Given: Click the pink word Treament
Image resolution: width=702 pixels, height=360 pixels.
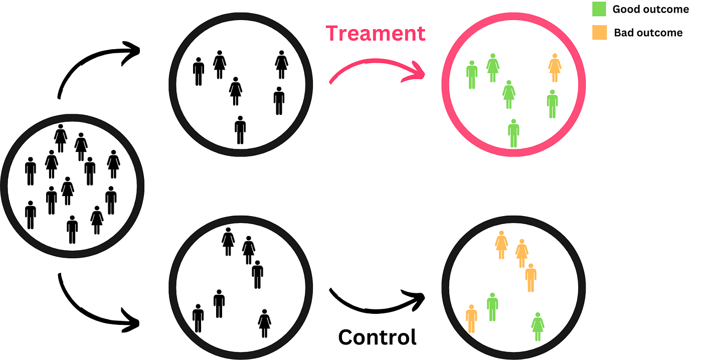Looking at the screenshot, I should point(376,33).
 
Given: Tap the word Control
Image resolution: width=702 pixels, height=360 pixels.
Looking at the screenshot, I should point(377,337).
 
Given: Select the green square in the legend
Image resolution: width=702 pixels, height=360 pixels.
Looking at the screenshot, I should point(599,9).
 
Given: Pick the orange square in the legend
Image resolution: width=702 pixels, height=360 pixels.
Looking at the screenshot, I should point(599,33).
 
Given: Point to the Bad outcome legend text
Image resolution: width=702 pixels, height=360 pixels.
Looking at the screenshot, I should point(648,33).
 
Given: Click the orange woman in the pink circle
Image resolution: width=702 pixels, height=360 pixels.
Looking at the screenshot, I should point(554,68).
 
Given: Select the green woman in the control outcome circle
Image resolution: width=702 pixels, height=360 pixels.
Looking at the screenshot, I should point(538,326).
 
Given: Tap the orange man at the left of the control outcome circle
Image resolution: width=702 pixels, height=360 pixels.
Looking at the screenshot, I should point(471,318).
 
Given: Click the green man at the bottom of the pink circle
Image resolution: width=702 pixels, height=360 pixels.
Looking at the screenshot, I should point(513,133).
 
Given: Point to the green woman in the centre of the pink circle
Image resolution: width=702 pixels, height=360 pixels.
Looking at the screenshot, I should point(509,94).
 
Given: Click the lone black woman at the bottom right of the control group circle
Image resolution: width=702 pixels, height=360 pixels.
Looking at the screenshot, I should point(265,323).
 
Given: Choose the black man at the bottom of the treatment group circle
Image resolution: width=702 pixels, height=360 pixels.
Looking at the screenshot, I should point(240,130).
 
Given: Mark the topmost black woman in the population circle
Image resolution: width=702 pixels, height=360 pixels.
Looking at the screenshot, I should point(61,138).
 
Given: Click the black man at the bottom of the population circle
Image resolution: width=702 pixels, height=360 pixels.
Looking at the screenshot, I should point(72,230).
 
